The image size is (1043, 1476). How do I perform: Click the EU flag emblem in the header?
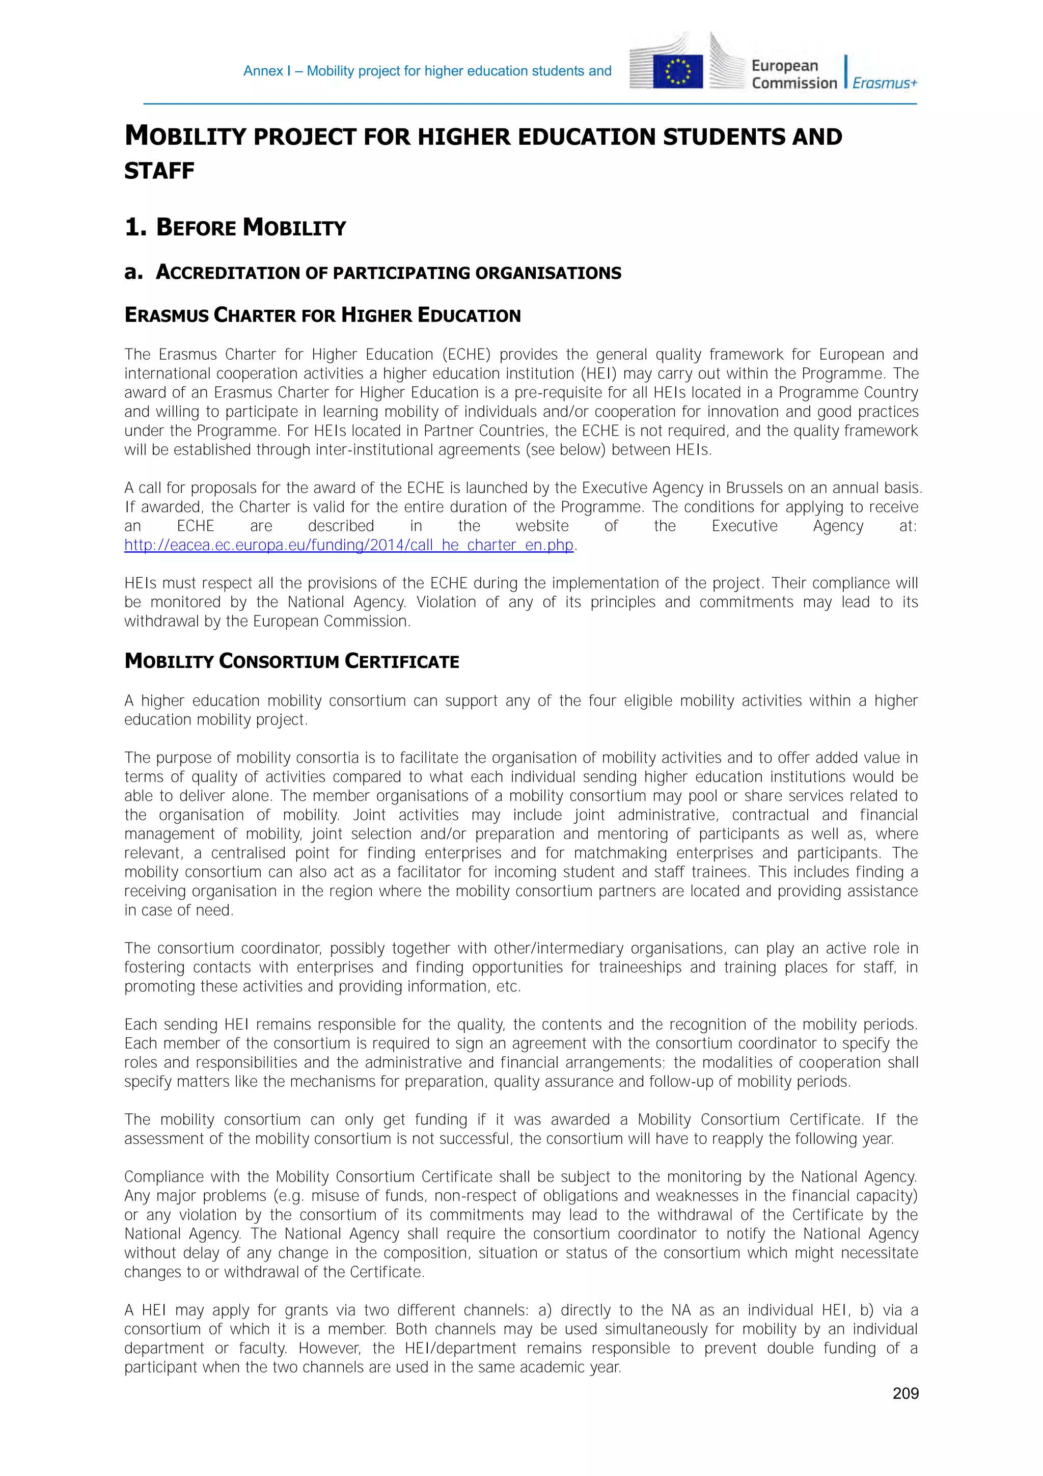point(677,71)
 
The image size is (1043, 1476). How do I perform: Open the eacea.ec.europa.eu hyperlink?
point(348,545)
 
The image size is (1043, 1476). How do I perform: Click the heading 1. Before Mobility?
point(235,228)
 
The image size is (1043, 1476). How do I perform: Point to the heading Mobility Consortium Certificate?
point(292,661)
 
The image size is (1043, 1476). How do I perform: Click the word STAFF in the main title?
point(159,171)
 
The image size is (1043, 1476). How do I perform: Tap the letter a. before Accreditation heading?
point(132,273)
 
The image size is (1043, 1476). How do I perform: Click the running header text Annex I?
point(267,71)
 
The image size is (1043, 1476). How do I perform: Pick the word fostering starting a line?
point(154,968)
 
